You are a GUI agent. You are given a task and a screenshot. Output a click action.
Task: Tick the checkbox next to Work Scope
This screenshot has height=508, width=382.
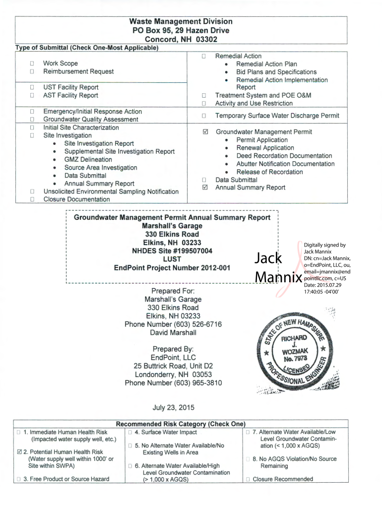pyautogui.click(x=32, y=63)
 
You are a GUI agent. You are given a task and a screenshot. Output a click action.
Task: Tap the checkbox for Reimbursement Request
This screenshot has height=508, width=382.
pyautogui.click(x=32, y=71)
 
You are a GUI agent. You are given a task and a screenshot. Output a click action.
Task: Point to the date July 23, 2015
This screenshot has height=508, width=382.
pyautogui.click(x=173, y=408)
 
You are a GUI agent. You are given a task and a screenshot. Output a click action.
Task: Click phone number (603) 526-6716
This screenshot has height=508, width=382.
pyautogui.click(x=173, y=324)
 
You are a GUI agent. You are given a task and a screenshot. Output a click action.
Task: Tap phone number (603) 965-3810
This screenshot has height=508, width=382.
pyautogui.click(x=173, y=383)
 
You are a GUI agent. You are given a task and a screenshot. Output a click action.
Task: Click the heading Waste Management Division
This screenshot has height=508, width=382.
pyautogui.click(x=181, y=22)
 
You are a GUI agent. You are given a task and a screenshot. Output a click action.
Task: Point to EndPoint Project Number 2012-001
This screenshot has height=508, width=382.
pyautogui.click(x=172, y=268)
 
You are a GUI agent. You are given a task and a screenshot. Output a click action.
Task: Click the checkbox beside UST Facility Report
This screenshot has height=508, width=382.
pyautogui.click(x=32, y=87)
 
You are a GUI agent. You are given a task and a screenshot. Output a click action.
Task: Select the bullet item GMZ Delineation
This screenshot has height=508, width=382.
pyautogui.click(x=88, y=160)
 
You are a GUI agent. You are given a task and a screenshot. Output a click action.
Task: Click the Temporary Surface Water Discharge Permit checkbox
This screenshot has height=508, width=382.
pyautogui.click(x=203, y=116)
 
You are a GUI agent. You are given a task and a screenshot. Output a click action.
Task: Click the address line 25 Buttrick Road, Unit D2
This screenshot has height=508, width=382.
pyautogui.click(x=173, y=366)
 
